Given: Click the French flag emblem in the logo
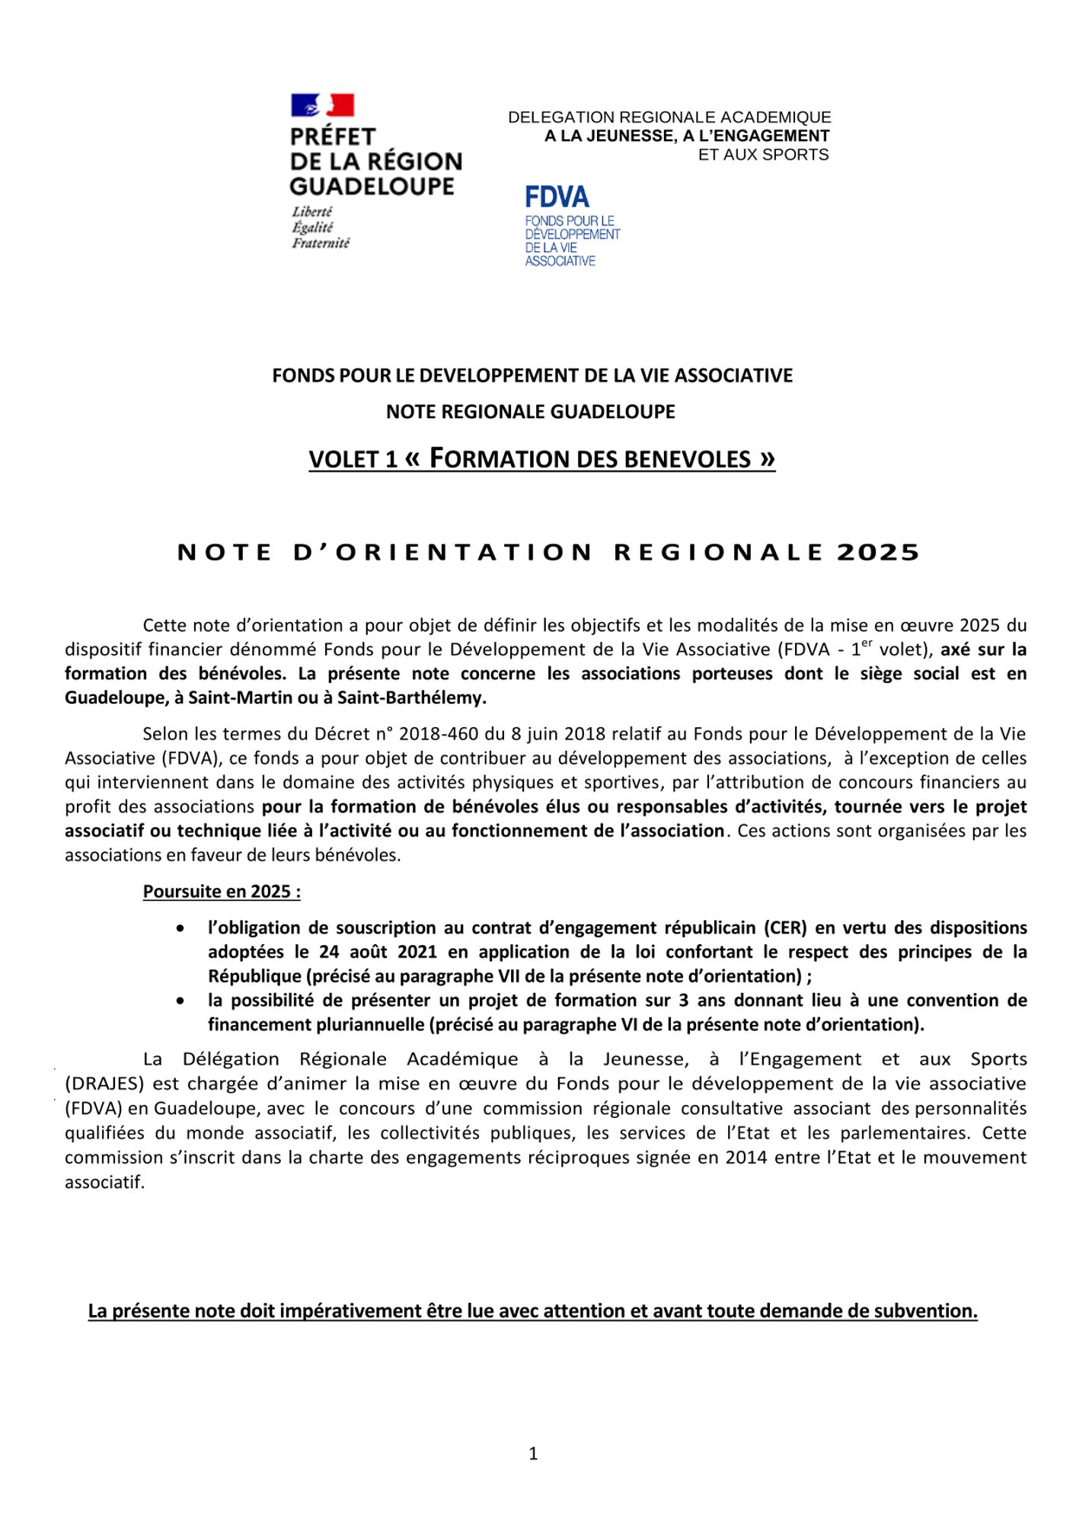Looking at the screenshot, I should (322, 105).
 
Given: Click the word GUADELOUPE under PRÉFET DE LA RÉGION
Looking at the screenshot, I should (372, 187).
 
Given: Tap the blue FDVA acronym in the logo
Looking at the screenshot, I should (557, 197).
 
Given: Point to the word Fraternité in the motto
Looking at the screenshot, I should (321, 243).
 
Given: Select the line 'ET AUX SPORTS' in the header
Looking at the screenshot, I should (763, 155).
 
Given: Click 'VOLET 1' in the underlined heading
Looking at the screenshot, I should (353, 459).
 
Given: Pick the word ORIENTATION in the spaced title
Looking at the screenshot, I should (442, 553).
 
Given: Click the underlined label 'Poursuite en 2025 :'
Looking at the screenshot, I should (222, 891).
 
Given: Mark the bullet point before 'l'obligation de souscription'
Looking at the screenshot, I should (180, 928).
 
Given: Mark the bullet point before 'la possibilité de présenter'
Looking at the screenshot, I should (180, 1001).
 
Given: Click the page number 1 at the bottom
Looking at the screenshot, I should (533, 1454).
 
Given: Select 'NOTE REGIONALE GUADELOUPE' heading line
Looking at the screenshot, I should (531, 412).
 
